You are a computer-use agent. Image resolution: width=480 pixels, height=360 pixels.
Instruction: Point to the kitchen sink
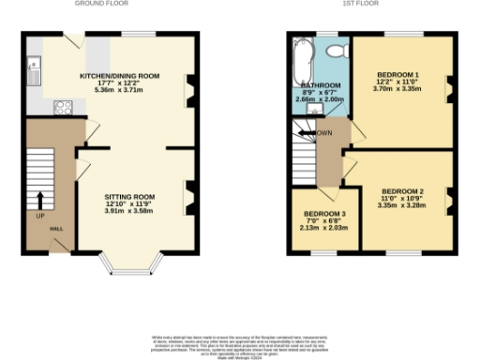tap(35, 67)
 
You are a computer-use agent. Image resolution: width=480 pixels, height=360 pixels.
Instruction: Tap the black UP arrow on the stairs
tap(40, 200)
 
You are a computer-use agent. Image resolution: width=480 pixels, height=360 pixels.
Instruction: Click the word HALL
tap(56, 229)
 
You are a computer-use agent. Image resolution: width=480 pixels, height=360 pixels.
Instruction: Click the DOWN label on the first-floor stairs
tap(324, 133)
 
